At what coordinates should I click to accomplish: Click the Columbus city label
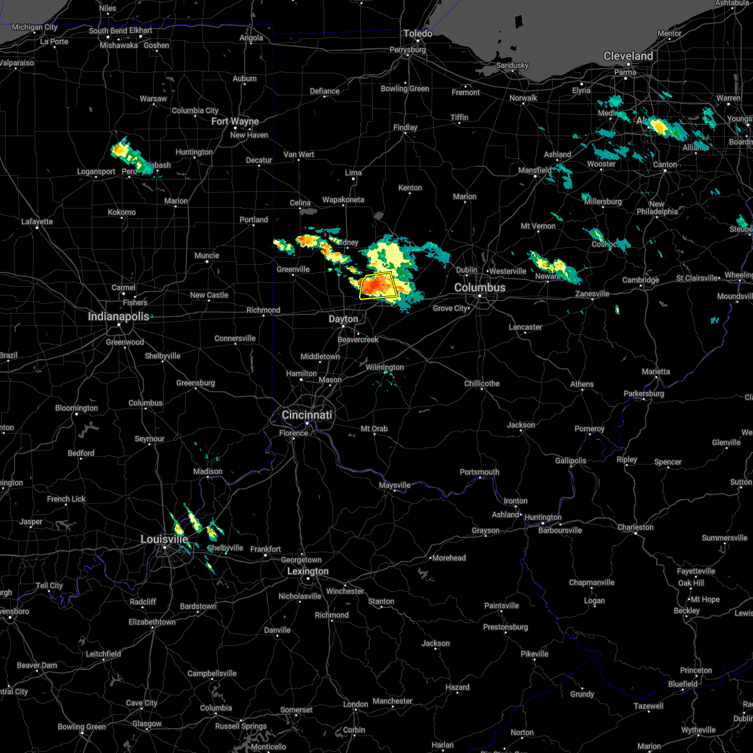tap(479, 287)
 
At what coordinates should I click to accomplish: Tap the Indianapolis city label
tap(119, 316)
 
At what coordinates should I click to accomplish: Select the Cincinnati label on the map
tap(306, 415)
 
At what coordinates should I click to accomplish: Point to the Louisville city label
tap(164, 539)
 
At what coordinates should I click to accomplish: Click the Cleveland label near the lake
tap(628, 56)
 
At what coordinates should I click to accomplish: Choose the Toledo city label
tap(418, 33)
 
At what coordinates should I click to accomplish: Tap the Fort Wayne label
tap(235, 121)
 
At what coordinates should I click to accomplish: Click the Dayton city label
tap(343, 319)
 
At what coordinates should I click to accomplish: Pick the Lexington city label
tap(307, 571)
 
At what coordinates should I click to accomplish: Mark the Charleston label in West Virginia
tap(635, 527)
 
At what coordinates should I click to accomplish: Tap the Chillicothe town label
tap(482, 383)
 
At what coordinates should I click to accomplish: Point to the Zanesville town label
tap(592, 294)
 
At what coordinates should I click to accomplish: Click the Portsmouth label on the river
tap(479, 472)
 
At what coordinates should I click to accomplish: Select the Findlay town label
tap(405, 127)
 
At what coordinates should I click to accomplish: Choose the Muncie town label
tap(206, 255)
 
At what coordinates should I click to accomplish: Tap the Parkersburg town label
tap(644, 393)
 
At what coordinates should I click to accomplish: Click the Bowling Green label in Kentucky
tap(82, 727)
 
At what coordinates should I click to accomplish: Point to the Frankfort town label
tap(266, 549)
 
